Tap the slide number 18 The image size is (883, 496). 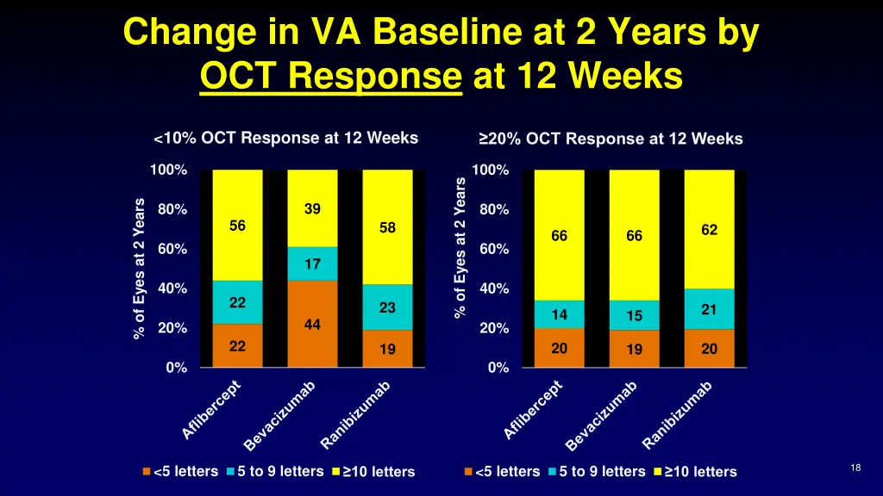tap(855, 468)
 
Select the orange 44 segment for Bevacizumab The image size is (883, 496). tap(312, 325)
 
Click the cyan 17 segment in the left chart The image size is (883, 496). tap(312, 263)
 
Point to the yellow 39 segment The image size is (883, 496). tap(312, 208)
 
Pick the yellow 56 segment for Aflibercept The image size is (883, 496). tap(237, 226)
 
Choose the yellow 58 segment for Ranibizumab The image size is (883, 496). tap(387, 227)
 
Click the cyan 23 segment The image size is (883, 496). tap(387, 307)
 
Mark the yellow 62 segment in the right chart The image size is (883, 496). tap(709, 230)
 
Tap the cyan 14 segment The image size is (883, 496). tap(559, 314)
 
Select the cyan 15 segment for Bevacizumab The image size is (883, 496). tap(634, 315)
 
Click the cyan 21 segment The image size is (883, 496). tap(709, 309)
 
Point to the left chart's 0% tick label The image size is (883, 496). tap(176, 368)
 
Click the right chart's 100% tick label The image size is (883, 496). tap(492, 170)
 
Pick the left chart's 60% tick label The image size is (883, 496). tap(172, 250)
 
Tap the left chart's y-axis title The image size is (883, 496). tap(140, 269)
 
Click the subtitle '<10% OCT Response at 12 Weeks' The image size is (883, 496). tap(285, 139)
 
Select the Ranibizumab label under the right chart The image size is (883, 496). tap(678, 415)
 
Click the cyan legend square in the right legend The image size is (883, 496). tap(552, 471)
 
